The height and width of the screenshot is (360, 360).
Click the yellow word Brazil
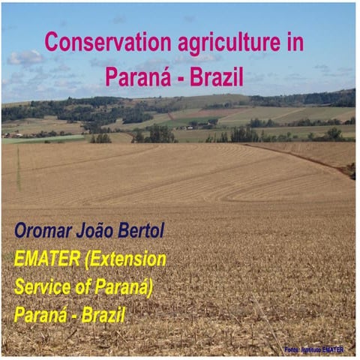[x=101, y=315]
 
